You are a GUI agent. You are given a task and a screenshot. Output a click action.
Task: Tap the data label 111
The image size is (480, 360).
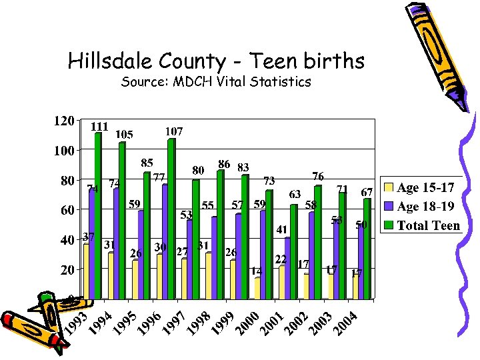click(99, 127)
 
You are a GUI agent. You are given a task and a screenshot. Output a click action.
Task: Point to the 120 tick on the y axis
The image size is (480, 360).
click(63, 121)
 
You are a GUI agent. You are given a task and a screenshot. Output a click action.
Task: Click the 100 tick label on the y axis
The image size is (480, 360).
click(63, 151)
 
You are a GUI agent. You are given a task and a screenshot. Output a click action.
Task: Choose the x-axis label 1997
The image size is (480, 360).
click(175, 323)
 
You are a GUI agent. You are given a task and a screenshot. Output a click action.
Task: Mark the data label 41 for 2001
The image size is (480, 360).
click(281, 229)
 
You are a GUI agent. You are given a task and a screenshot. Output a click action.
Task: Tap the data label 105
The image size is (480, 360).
click(124, 135)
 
